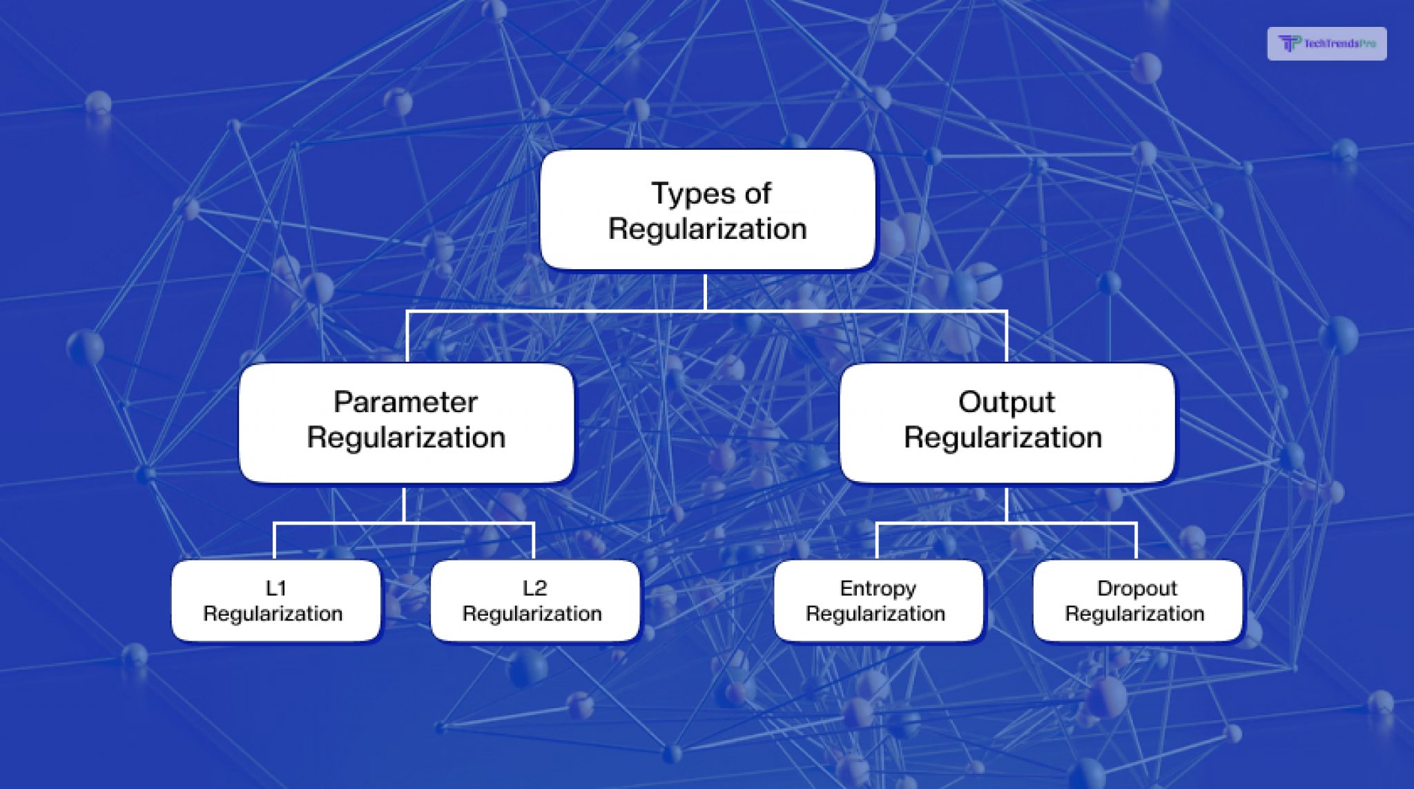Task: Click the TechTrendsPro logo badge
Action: [x=1326, y=43]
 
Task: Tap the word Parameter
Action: [x=406, y=402]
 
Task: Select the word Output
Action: [x=1007, y=402]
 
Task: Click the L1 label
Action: [x=275, y=588]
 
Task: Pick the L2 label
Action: [x=535, y=588]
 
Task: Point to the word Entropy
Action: [x=878, y=589]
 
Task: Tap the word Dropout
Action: [x=1137, y=589]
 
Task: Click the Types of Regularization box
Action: [x=708, y=210]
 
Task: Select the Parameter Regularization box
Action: [x=406, y=422]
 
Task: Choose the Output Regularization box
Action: [x=1007, y=422]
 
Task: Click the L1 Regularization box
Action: [x=275, y=601]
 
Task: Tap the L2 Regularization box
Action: [x=535, y=601]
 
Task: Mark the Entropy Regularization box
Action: [x=878, y=601]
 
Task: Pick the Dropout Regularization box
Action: [x=1137, y=601]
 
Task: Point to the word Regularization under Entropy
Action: [x=875, y=614]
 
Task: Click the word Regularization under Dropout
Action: [x=1134, y=614]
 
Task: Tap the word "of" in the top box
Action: [x=757, y=193]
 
